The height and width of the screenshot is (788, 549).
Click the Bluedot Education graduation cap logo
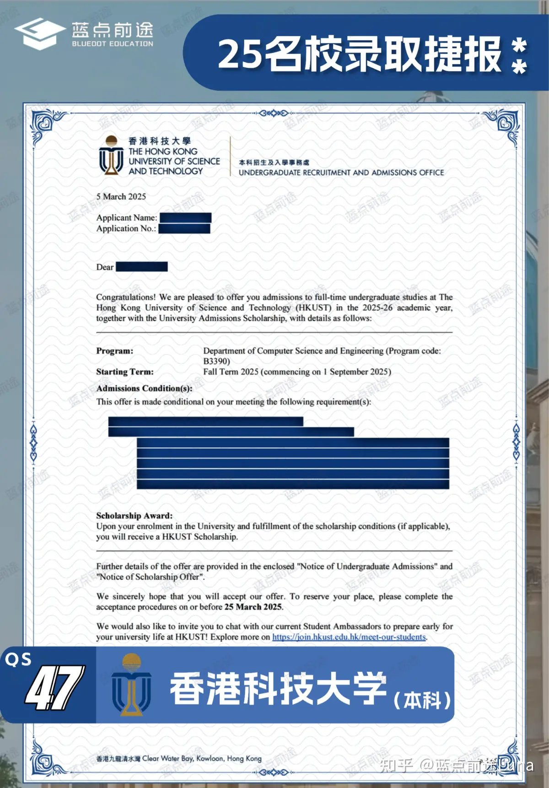[x=40, y=33]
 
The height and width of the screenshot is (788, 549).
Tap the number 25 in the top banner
[x=239, y=54]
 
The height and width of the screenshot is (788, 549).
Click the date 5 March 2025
[x=121, y=196]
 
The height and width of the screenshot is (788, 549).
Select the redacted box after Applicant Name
[x=185, y=218]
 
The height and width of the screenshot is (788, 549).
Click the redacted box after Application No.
[x=184, y=228]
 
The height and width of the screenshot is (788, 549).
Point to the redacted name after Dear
[x=142, y=267]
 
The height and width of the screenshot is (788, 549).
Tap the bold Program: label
[x=115, y=351]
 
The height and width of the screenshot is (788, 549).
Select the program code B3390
[x=215, y=361]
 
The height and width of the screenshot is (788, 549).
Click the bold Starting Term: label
[x=125, y=372]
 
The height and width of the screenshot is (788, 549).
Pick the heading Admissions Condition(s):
[x=144, y=388]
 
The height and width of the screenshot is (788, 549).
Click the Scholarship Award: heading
[x=134, y=516]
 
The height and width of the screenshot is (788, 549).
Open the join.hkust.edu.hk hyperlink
[x=349, y=637]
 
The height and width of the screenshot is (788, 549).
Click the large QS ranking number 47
[x=54, y=688]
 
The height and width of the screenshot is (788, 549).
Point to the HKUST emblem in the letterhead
[x=111, y=156]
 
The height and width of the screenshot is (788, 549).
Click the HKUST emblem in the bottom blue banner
[x=131, y=685]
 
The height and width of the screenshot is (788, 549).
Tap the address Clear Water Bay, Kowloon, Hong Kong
[x=202, y=758]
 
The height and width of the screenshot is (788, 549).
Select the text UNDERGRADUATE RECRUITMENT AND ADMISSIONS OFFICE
[x=341, y=173]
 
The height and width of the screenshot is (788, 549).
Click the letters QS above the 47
[x=18, y=659]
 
